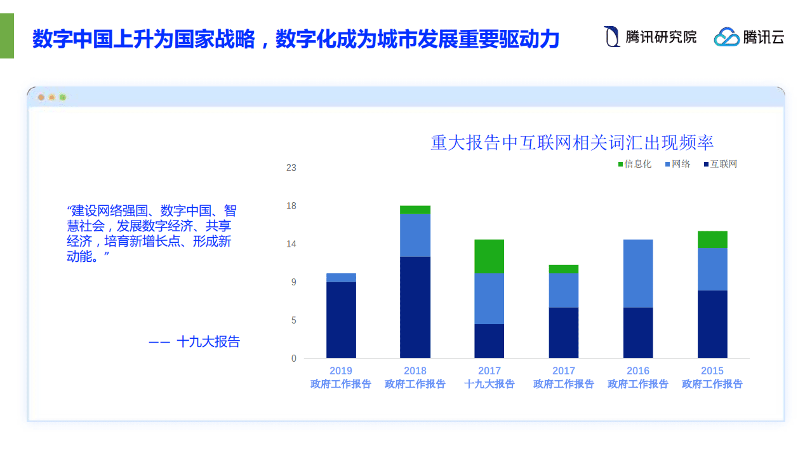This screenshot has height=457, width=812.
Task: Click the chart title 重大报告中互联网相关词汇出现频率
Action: pyautogui.click(x=572, y=142)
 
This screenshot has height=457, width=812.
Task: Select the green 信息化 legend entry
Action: pyautogui.click(x=635, y=164)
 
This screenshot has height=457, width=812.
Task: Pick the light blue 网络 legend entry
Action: pyautogui.click(x=678, y=164)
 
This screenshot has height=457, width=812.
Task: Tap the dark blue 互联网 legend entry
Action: pyautogui.click(x=721, y=164)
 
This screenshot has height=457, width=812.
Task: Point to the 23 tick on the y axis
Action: pyautogui.click(x=291, y=168)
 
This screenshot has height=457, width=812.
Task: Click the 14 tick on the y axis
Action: pyautogui.click(x=291, y=244)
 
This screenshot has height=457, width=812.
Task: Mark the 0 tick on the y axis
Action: pyautogui.click(x=293, y=358)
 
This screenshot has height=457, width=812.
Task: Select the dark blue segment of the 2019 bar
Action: pyautogui.click(x=341, y=320)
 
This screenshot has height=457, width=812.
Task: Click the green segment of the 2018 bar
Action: pyautogui.click(x=415, y=210)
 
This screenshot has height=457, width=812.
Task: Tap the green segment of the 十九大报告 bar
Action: pyautogui.click(x=489, y=256)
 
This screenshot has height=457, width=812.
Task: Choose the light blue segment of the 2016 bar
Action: pyautogui.click(x=638, y=273)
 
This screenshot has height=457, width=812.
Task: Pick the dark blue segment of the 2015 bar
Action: pyautogui.click(x=712, y=324)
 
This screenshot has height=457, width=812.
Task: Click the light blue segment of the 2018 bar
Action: pyautogui.click(x=415, y=235)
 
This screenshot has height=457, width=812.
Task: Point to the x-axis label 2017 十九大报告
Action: pyautogui.click(x=489, y=378)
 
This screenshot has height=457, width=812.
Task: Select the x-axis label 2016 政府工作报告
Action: pyautogui.click(x=638, y=378)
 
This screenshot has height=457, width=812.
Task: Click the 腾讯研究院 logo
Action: pyautogui.click(x=649, y=37)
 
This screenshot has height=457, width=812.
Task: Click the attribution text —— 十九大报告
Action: pyautogui.click(x=194, y=341)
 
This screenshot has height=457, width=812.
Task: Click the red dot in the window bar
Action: pyautogui.click(x=41, y=97)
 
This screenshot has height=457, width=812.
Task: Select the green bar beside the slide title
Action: pyautogui.click(x=6, y=36)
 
